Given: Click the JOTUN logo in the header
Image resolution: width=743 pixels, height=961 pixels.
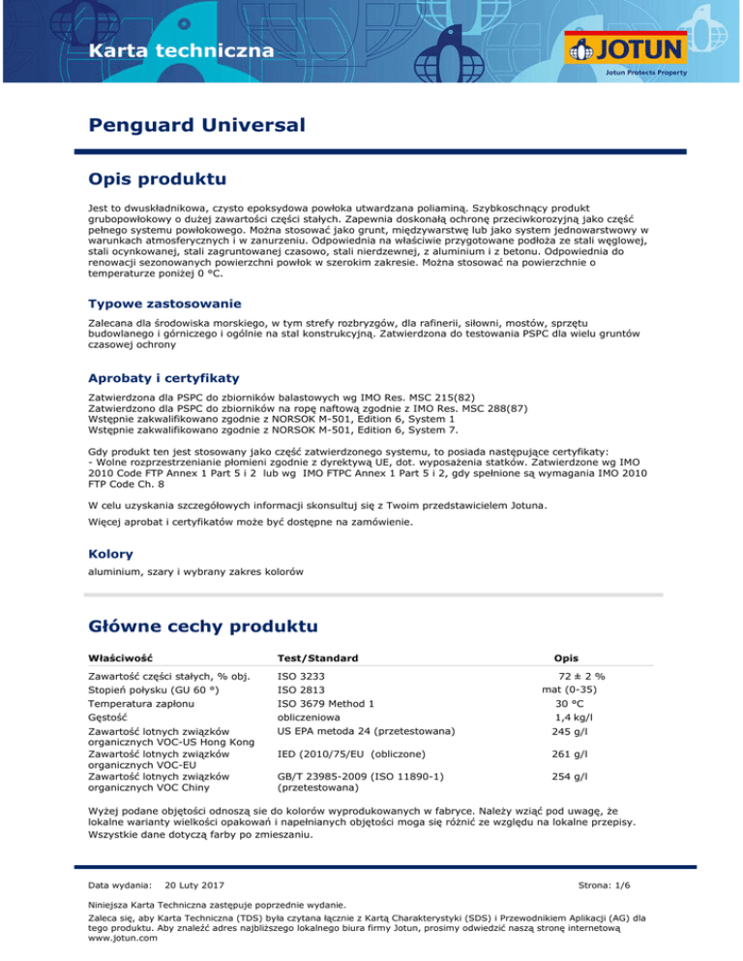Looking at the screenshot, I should tap(626, 50).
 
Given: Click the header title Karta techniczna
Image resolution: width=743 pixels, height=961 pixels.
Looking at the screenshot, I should tap(163, 50).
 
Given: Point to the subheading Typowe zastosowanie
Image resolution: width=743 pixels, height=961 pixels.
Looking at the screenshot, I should tap(159, 305).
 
